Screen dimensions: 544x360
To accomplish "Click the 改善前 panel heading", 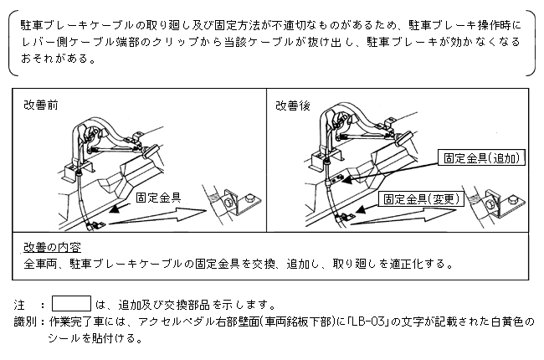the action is click(41, 105).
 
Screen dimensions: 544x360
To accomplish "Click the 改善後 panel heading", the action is click(292, 105).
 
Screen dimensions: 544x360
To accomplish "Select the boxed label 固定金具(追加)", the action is click(481, 157).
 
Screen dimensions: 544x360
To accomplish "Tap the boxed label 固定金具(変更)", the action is click(421, 199).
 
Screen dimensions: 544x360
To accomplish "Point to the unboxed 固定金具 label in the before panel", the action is click(158, 198).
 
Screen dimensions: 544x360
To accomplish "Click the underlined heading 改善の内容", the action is click(52, 247).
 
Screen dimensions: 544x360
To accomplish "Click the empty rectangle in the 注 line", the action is click(71, 303).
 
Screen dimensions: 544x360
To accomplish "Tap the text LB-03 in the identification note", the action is click(368, 321).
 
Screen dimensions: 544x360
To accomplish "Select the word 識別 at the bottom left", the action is click(25, 321).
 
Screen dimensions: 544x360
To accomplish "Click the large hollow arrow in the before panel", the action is click(158, 217).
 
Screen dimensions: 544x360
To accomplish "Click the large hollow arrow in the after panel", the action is click(403, 217).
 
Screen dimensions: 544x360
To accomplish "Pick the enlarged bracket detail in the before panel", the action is click(232, 205).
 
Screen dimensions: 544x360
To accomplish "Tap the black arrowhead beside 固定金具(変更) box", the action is click(361, 209).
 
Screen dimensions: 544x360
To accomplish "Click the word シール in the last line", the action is click(64, 337).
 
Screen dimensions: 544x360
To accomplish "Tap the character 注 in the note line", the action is click(19, 305).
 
